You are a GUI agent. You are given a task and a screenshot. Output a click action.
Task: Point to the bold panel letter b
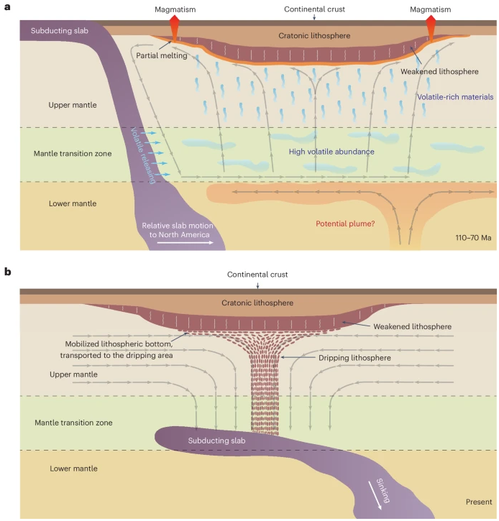coord(7,271)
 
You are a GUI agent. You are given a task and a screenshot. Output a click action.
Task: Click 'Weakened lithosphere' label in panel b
coord(413,326)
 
